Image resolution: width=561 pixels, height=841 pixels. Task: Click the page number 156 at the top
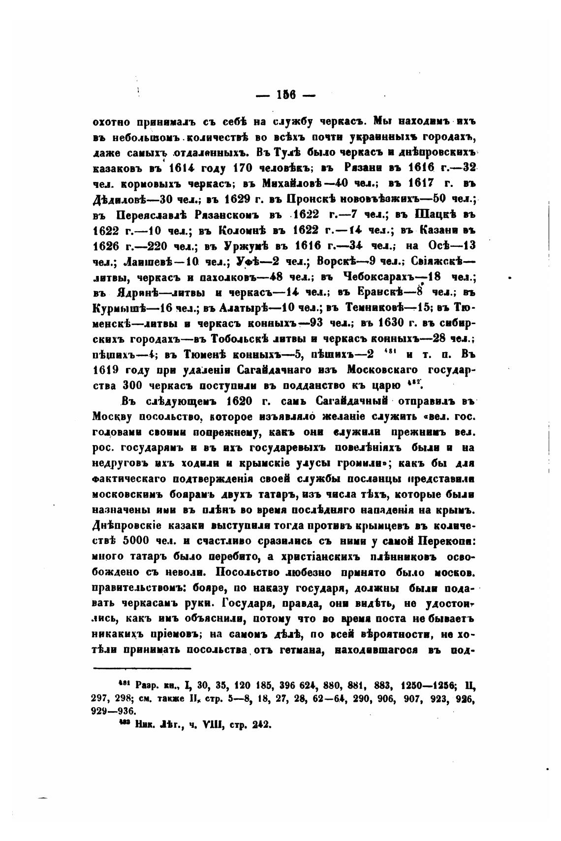(x=285, y=94)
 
